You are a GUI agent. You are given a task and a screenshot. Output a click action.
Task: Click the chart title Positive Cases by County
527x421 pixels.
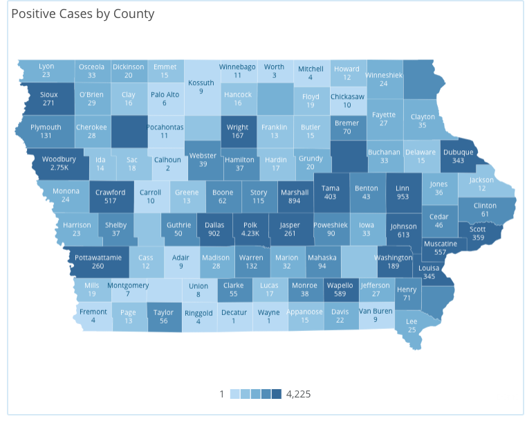[x=83, y=14]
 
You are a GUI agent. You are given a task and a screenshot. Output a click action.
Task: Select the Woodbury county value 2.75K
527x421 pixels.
[x=59, y=168]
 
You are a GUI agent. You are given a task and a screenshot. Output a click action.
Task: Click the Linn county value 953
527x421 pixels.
[x=403, y=197]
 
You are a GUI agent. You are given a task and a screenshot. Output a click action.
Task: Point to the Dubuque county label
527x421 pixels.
[x=458, y=152]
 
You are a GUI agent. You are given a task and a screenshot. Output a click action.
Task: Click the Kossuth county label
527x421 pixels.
[x=201, y=82]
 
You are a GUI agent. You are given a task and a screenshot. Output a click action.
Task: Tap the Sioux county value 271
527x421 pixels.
[x=48, y=103]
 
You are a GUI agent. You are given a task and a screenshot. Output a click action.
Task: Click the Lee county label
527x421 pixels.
[x=412, y=321]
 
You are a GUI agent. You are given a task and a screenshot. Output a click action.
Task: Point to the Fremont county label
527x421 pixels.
[x=93, y=312]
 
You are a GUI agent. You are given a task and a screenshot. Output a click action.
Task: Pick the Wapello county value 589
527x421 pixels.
[x=340, y=294]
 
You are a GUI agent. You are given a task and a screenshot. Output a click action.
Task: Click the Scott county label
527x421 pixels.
[x=478, y=230]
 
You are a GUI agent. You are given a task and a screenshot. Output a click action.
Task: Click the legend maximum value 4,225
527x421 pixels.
[x=299, y=394]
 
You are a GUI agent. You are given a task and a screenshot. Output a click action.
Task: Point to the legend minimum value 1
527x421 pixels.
[x=222, y=394]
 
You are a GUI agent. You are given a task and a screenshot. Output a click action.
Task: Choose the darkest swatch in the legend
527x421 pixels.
[x=276, y=394]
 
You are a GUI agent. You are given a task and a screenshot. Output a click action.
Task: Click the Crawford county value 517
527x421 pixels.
[x=110, y=201]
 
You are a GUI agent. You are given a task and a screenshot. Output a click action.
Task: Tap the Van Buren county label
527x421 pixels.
[x=376, y=311]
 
